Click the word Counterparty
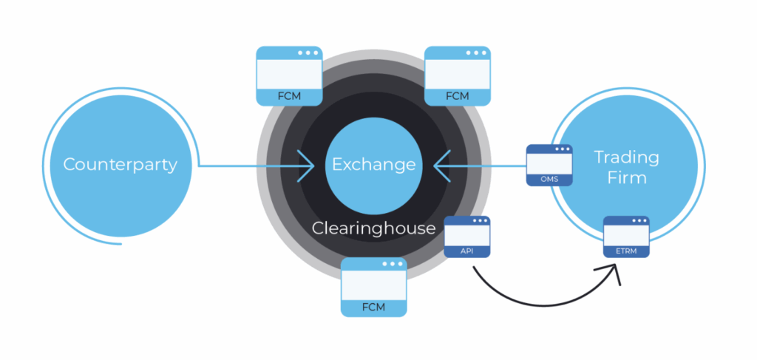(120, 164)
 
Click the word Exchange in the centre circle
(373, 164)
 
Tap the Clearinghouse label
(373, 228)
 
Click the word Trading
(626, 157)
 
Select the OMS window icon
(549, 165)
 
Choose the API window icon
(468, 237)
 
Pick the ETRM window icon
(626, 237)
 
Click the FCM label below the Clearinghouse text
(374, 307)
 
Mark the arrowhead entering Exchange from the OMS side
(441, 165)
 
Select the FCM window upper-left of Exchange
(289, 76)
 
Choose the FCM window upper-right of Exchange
(458, 76)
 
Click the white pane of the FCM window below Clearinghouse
(374, 285)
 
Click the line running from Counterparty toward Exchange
(251, 165)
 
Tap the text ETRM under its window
(626, 251)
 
